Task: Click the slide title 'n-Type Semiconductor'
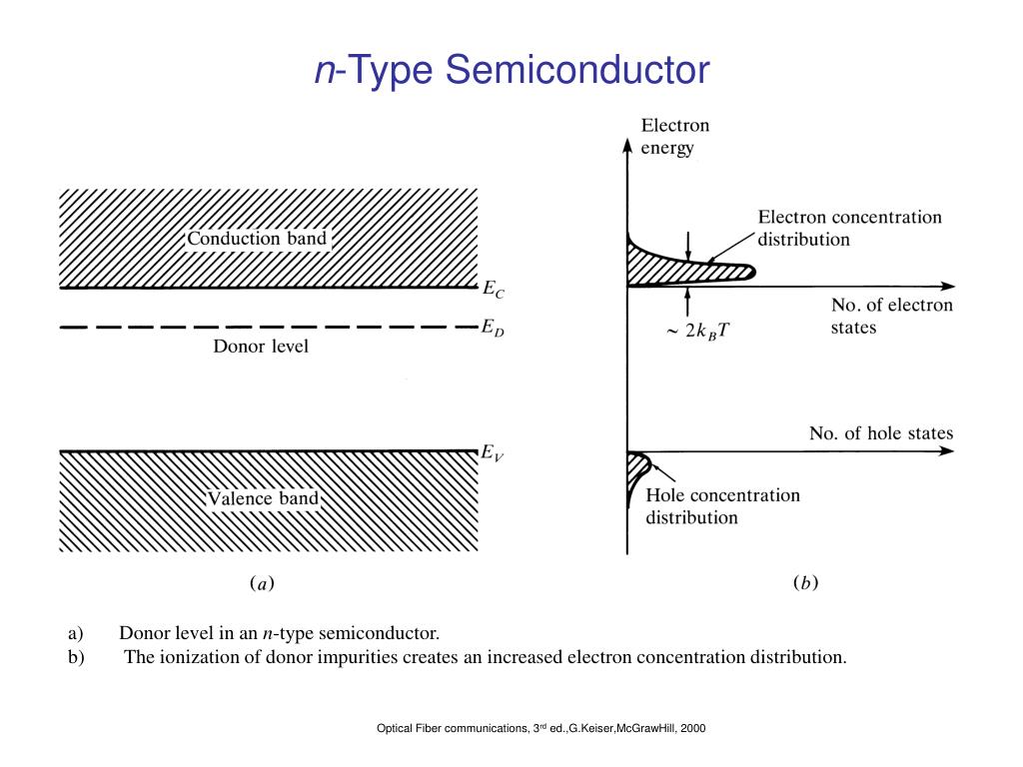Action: click(x=512, y=69)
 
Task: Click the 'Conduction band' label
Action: click(x=257, y=238)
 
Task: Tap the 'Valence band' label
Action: click(x=263, y=498)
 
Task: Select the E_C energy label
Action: click(x=494, y=289)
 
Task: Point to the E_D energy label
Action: click(x=493, y=328)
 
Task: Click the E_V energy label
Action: click(x=493, y=452)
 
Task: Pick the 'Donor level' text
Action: click(x=261, y=346)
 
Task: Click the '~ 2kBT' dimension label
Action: click(x=698, y=332)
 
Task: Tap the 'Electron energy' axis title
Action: click(x=674, y=136)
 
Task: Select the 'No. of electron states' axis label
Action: click(x=892, y=316)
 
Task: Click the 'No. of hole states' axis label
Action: click(x=881, y=433)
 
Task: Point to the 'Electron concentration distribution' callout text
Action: click(x=849, y=228)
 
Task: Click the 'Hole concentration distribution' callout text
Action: click(x=723, y=506)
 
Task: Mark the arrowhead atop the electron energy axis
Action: click(x=627, y=145)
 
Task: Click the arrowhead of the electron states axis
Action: click(x=948, y=286)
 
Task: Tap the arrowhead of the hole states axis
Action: click(x=947, y=450)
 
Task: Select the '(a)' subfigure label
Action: click(x=263, y=582)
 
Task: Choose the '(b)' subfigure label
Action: click(x=806, y=582)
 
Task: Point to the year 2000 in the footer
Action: click(x=693, y=728)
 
